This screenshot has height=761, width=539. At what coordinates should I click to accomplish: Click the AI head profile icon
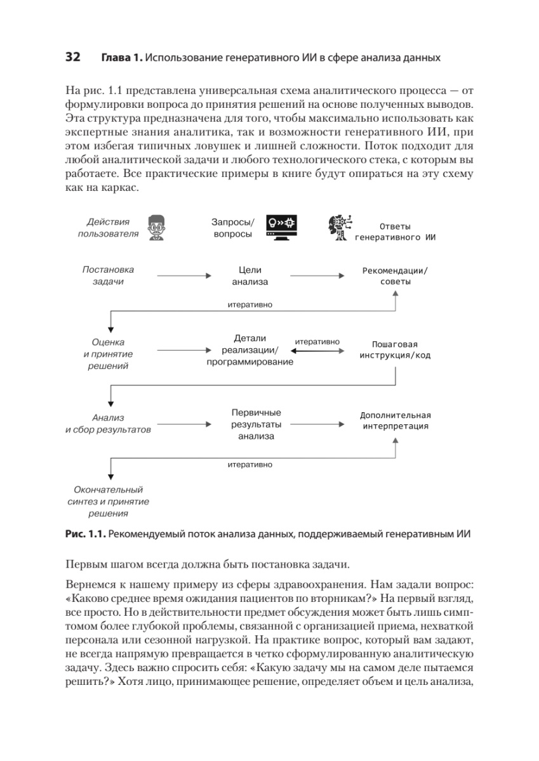pos(339,228)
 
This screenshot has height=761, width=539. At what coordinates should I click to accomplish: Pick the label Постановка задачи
pos(109,276)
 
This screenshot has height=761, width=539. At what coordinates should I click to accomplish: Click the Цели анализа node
pos(250,276)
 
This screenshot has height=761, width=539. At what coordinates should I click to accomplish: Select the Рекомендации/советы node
pos(395,276)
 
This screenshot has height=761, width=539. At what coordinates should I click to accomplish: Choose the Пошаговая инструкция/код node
pos(395,349)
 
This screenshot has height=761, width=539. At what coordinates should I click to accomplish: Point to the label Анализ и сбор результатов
pos(109,424)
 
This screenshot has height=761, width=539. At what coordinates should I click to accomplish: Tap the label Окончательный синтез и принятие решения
pos(109,502)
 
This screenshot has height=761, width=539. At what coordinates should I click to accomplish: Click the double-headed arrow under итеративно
pos(317,350)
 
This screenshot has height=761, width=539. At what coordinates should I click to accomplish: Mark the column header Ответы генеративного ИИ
pos(395,232)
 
